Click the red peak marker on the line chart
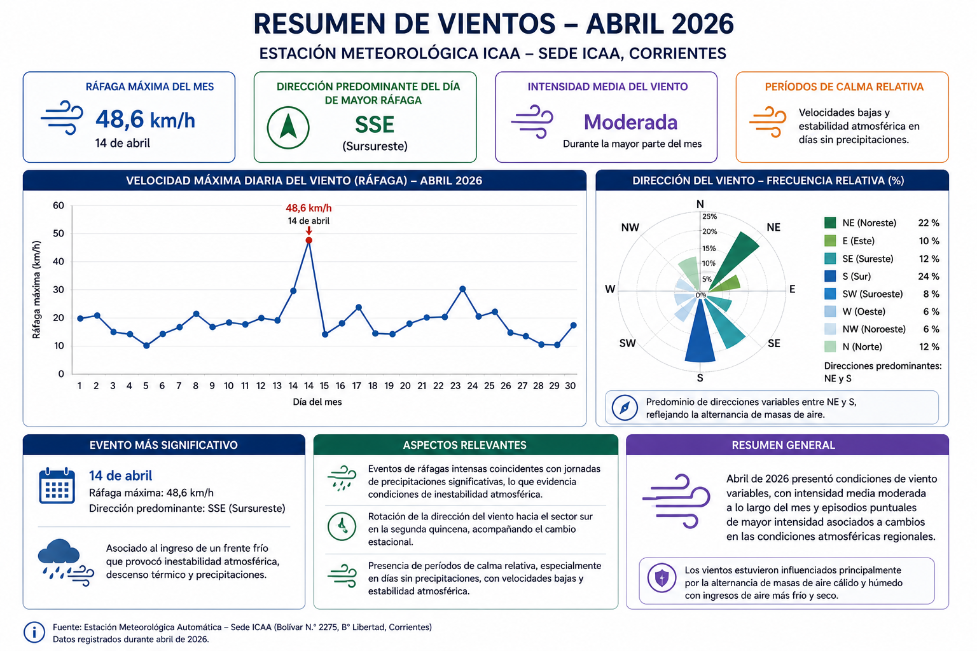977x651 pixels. [308, 240]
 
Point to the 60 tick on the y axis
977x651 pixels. [59, 205]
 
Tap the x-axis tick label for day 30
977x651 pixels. [570, 386]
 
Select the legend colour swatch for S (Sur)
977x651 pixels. [830, 276]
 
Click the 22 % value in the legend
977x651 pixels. [929, 223]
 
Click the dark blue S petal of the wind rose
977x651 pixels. [700, 331]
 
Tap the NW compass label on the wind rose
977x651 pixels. [630, 227]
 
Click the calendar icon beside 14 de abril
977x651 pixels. [57, 486]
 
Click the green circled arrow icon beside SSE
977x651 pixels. [288, 128]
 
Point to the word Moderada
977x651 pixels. [631, 122]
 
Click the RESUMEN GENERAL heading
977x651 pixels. [784, 445]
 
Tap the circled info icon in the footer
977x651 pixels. [34, 632]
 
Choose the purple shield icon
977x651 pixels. [662, 578]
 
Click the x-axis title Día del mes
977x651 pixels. [317, 402]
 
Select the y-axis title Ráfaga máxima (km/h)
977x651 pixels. [36, 289]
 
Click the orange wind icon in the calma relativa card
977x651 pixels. [768, 122]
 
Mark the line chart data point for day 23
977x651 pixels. [462, 289]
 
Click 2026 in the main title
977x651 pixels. [703, 24]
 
